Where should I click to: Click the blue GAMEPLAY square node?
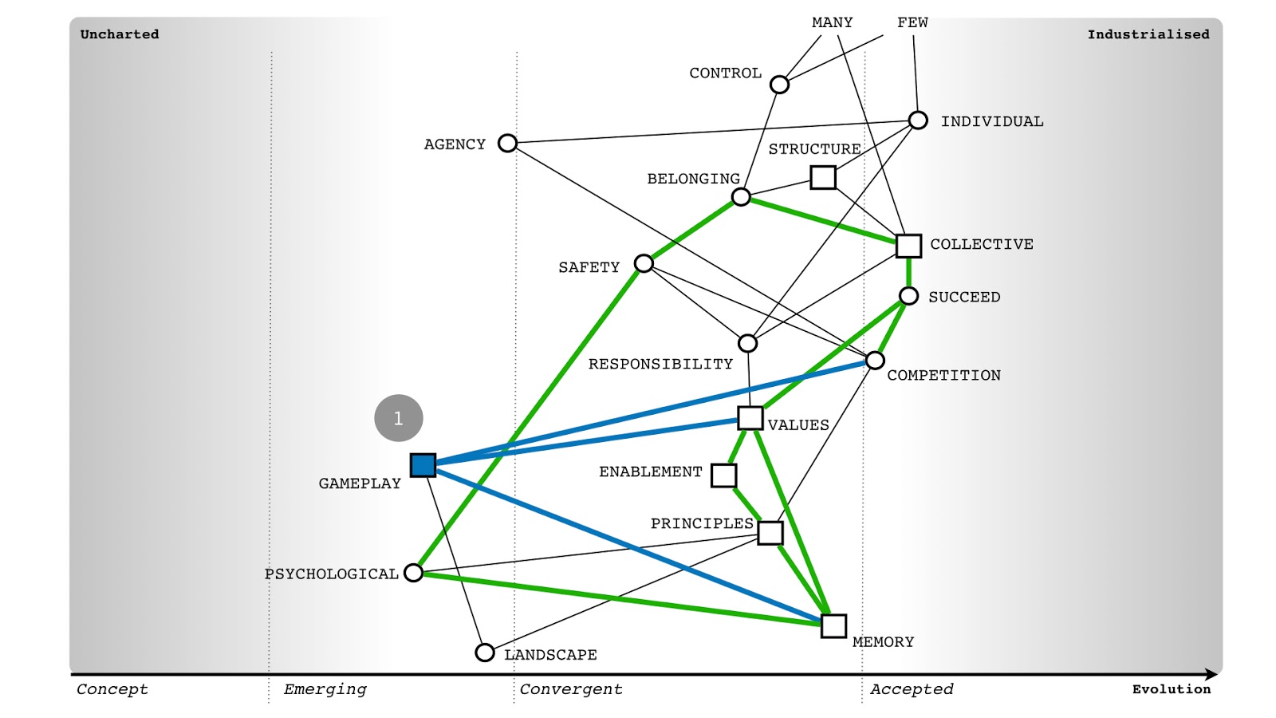pos(423,465)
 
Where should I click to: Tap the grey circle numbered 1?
pos(399,418)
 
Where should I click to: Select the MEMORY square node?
pos(833,625)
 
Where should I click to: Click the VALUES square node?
pos(750,418)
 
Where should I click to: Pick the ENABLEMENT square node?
pos(724,475)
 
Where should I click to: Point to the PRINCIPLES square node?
pos(770,533)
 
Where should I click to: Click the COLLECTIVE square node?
pos(908,246)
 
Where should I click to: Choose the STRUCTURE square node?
pos(823,177)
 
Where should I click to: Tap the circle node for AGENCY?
pos(507,143)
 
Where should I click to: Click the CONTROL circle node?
pos(779,85)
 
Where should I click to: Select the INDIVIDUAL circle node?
pos(918,120)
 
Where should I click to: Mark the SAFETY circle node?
pos(644,263)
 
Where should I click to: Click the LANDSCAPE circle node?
pos(485,653)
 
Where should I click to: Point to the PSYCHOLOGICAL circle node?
pos(414,572)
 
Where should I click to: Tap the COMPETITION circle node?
pos(875,360)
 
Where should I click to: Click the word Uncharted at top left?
pos(120,34)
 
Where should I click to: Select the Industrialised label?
pos(1148,34)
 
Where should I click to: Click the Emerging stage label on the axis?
pos(325,689)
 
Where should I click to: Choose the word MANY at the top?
pos(833,22)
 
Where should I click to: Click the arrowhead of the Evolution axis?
pos(1213,674)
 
